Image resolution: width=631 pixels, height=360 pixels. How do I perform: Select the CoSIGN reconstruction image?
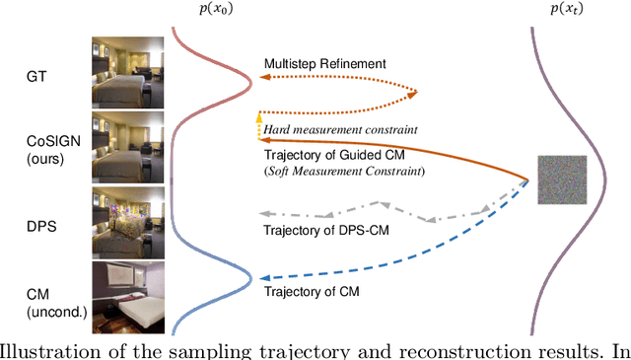click(125, 148)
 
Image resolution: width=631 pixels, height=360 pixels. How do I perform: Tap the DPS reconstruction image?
click(125, 222)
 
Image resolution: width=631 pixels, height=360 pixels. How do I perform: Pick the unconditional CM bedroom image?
click(125, 297)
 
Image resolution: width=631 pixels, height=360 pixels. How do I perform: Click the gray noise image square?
click(562, 180)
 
